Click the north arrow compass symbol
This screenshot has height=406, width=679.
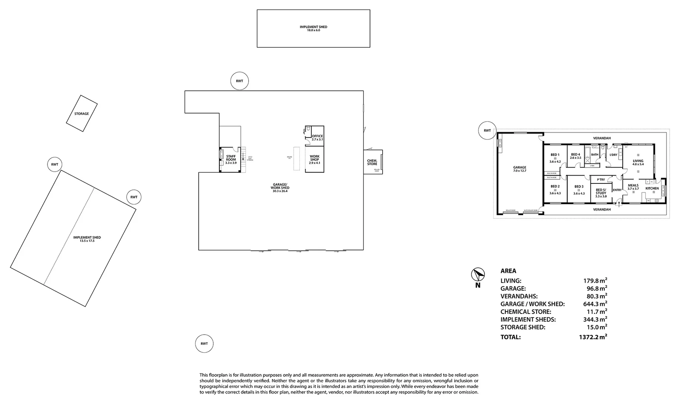[x=478, y=274]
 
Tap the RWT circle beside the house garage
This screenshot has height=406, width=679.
[x=487, y=130]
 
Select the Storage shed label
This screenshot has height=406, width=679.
[x=81, y=114]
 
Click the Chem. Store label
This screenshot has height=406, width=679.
[x=372, y=162]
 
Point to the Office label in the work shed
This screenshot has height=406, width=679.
[x=317, y=136]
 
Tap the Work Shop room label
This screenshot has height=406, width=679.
[x=314, y=158]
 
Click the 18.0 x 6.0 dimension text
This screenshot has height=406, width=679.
[x=313, y=30]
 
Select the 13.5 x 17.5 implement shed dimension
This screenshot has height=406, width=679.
[x=87, y=241]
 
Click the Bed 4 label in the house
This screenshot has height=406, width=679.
[x=575, y=155]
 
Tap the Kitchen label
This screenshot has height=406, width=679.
[x=652, y=188]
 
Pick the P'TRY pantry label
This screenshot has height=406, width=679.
[x=601, y=180]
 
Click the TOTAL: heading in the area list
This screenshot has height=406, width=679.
[x=510, y=337]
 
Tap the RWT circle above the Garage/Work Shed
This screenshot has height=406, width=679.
[x=240, y=81]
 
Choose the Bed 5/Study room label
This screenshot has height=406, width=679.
[x=601, y=191]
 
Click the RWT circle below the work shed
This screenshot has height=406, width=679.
[x=204, y=344]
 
